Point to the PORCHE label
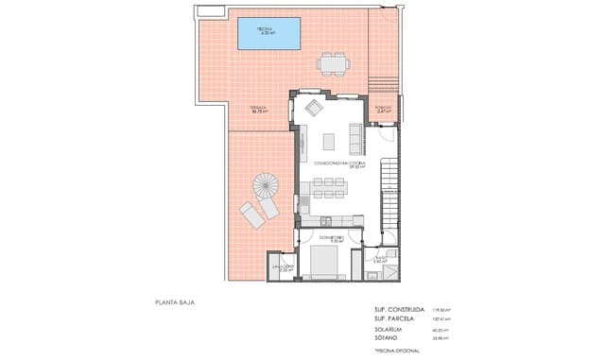[x=384, y=109]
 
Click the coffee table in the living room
[x=330, y=141]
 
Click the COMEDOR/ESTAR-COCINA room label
[x=333, y=163]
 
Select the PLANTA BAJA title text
[x=176, y=303]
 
